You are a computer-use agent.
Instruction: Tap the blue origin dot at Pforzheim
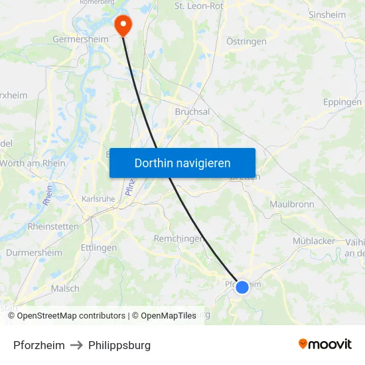click(242, 287)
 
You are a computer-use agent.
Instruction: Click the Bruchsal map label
click(192, 112)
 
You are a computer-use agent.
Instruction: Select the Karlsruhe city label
click(98, 198)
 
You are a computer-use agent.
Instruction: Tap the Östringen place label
click(246, 41)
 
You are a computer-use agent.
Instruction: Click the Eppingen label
click(342, 102)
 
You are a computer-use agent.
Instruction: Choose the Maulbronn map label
click(291, 204)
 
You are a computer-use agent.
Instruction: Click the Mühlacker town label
click(314, 241)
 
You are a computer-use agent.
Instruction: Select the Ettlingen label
click(98, 248)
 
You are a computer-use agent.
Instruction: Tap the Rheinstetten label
click(53, 227)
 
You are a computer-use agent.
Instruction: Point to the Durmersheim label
click(34, 253)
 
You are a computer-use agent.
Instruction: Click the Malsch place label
click(65, 289)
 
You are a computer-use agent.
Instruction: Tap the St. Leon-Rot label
click(198, 6)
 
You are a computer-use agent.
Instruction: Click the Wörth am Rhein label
click(33, 164)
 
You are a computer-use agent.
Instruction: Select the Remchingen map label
click(179, 239)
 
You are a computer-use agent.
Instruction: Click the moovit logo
click(325, 344)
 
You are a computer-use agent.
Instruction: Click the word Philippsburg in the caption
click(120, 345)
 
